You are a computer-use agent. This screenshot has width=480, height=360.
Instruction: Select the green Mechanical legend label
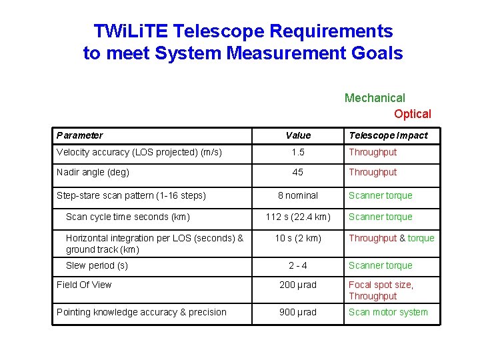coord(375,98)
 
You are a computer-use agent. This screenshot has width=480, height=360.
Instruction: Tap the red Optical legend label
coord(412,114)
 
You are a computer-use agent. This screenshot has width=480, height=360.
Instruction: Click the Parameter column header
coord(79,135)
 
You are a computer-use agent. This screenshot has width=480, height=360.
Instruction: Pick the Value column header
coord(298,135)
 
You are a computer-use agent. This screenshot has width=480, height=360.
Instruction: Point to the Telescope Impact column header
coord(388,135)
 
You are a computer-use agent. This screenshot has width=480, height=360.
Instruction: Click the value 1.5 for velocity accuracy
coord(298,152)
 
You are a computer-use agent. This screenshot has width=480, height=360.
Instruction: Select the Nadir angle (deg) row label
coord(93,172)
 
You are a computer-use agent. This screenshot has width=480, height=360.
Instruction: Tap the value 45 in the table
coord(298,172)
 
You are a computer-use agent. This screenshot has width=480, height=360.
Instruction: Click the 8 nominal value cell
coord(298,195)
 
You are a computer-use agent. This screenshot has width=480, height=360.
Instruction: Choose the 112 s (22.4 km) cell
coord(298,217)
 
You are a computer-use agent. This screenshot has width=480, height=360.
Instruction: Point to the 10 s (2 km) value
coord(298,238)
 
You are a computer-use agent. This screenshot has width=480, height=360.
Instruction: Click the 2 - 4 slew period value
coord(298,265)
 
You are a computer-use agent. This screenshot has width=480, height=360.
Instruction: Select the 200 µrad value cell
coord(298,285)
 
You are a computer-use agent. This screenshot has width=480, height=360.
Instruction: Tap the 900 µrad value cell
coord(298,312)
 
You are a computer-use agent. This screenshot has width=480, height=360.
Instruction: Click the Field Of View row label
coord(84,285)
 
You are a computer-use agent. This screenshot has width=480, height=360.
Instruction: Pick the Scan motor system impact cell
coord(388,312)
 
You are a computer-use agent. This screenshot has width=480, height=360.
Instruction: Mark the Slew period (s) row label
coord(97,265)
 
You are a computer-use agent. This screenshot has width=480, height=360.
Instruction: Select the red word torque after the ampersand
coord(421,238)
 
